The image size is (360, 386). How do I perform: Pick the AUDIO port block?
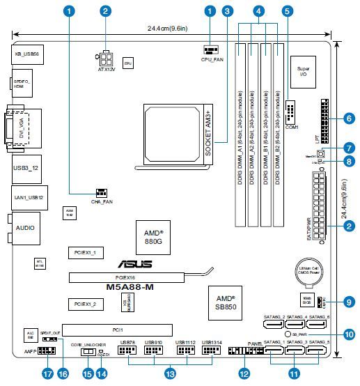(26, 228)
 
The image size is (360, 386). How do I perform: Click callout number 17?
(48, 374)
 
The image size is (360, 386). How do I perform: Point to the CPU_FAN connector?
(212, 49)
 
